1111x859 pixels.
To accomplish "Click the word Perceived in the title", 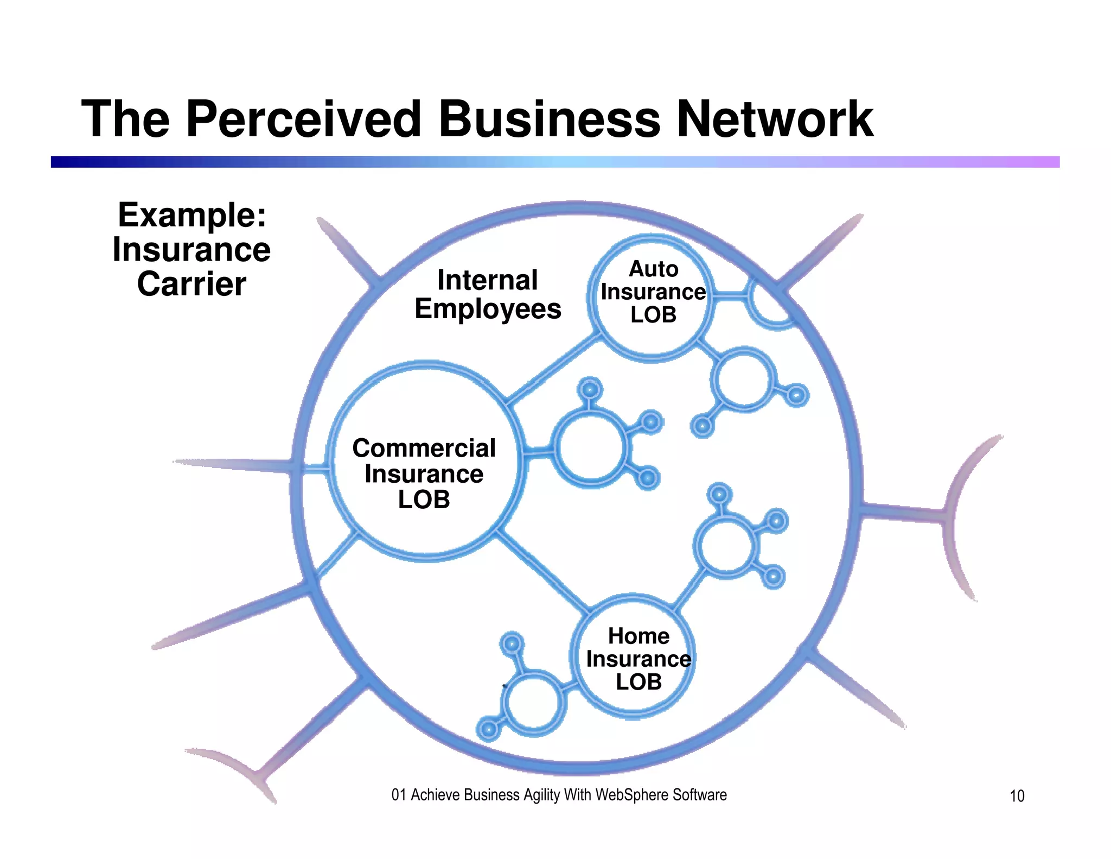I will pos(304,119).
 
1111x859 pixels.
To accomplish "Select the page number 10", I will pos(1017,796).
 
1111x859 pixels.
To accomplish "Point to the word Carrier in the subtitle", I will pos(191,284).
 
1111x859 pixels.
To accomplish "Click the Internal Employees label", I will pos(488,295).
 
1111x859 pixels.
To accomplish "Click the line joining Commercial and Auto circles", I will pos(553,369).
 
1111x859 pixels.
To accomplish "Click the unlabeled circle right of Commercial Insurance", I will pos(590,449).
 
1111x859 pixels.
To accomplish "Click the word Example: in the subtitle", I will pos(193,215).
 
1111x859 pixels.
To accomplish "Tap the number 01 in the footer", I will pos(398,795).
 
